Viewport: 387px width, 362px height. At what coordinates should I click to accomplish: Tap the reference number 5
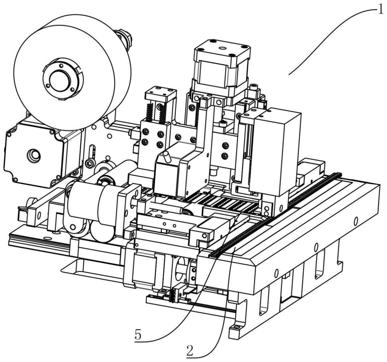pos(138,335)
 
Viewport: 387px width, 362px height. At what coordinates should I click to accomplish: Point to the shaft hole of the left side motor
pos(34,155)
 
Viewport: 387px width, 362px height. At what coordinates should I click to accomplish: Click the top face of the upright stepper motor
pos(222,49)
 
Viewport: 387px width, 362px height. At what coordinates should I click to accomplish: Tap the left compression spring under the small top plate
pos(149,112)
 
